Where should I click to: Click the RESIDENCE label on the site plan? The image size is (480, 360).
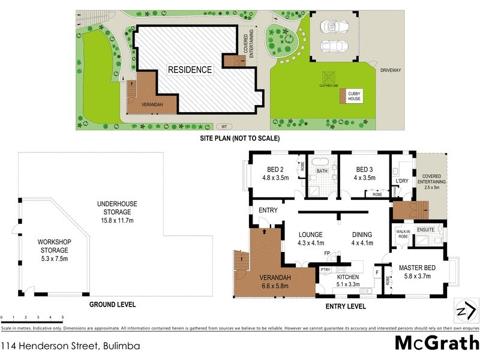click(x=190, y=70)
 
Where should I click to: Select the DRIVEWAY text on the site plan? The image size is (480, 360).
click(x=390, y=70)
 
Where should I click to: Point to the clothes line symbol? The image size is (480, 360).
click(x=329, y=77)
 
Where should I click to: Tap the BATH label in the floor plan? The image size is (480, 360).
click(x=322, y=171)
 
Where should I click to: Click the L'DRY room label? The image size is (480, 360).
click(x=401, y=181)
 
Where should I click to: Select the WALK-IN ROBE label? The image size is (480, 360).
click(x=403, y=233)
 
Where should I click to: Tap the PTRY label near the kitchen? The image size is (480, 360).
click(x=325, y=270)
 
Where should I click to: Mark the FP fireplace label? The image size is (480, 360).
click(x=328, y=254)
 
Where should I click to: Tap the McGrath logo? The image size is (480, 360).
click(x=436, y=343)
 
